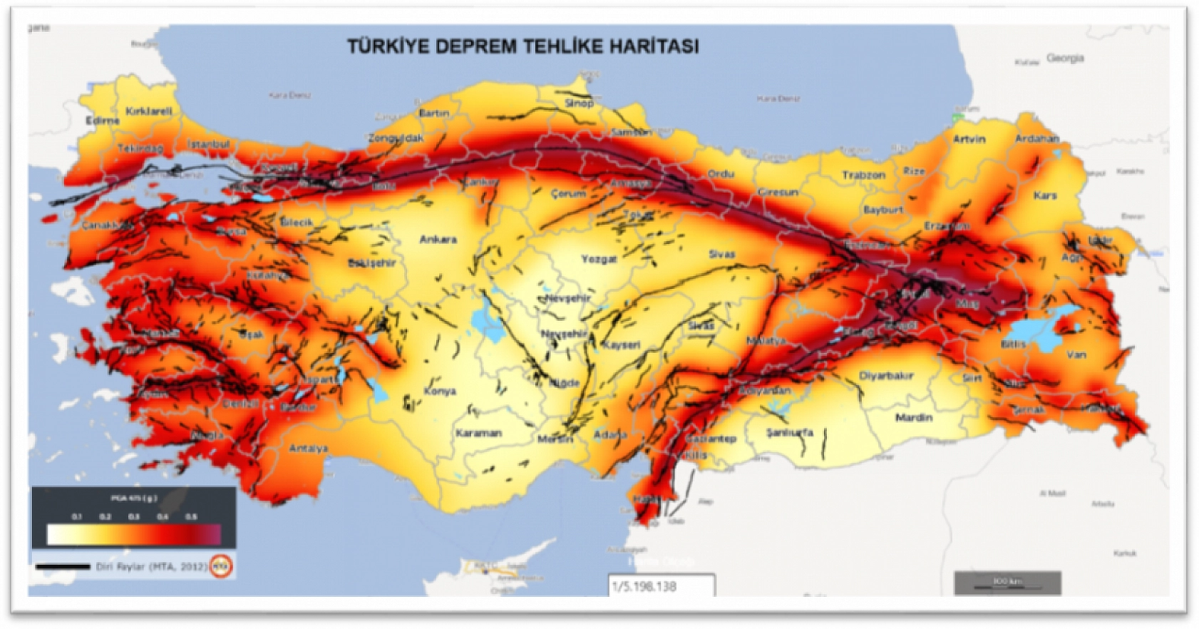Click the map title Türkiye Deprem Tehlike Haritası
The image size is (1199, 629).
(x=523, y=46)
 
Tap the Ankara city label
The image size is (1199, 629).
(x=438, y=240)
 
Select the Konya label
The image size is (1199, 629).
(x=440, y=391)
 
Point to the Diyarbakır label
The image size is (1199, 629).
(x=886, y=376)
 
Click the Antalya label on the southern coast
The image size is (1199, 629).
(x=309, y=449)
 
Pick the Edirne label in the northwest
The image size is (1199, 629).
(x=103, y=121)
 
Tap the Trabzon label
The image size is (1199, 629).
(x=863, y=175)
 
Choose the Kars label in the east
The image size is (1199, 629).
(x=1045, y=195)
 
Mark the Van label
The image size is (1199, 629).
(x=1076, y=354)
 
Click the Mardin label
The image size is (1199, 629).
(x=914, y=417)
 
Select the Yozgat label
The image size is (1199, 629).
(x=598, y=259)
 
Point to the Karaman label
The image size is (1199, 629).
(x=478, y=433)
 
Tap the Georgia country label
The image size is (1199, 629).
(x=1065, y=58)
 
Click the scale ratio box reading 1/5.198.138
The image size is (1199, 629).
(x=661, y=586)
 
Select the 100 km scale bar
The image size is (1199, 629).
(x=1007, y=583)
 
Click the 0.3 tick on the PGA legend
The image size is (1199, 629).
(x=134, y=517)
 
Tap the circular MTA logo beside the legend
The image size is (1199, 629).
(x=222, y=566)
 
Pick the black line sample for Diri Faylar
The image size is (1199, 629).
(x=63, y=567)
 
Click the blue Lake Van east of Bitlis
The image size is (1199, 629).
(x=1037, y=329)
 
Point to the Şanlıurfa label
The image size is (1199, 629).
(x=789, y=433)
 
